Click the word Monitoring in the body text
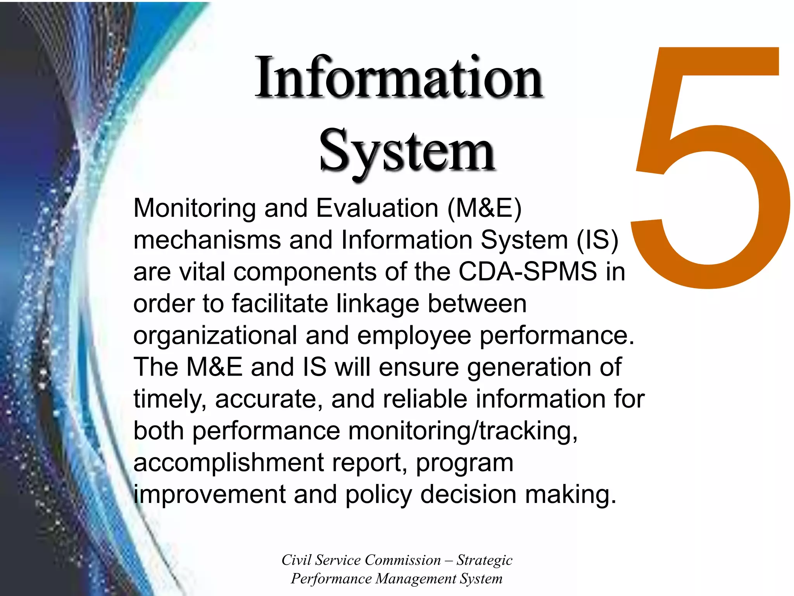tap(194, 208)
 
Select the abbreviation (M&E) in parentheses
tap(484, 208)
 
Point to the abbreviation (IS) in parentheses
tap(597, 240)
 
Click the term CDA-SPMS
tap(528, 272)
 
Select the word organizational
tap(215, 335)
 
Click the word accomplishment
tap(229, 463)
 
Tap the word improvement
tap(209, 495)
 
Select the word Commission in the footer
tap(403, 560)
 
